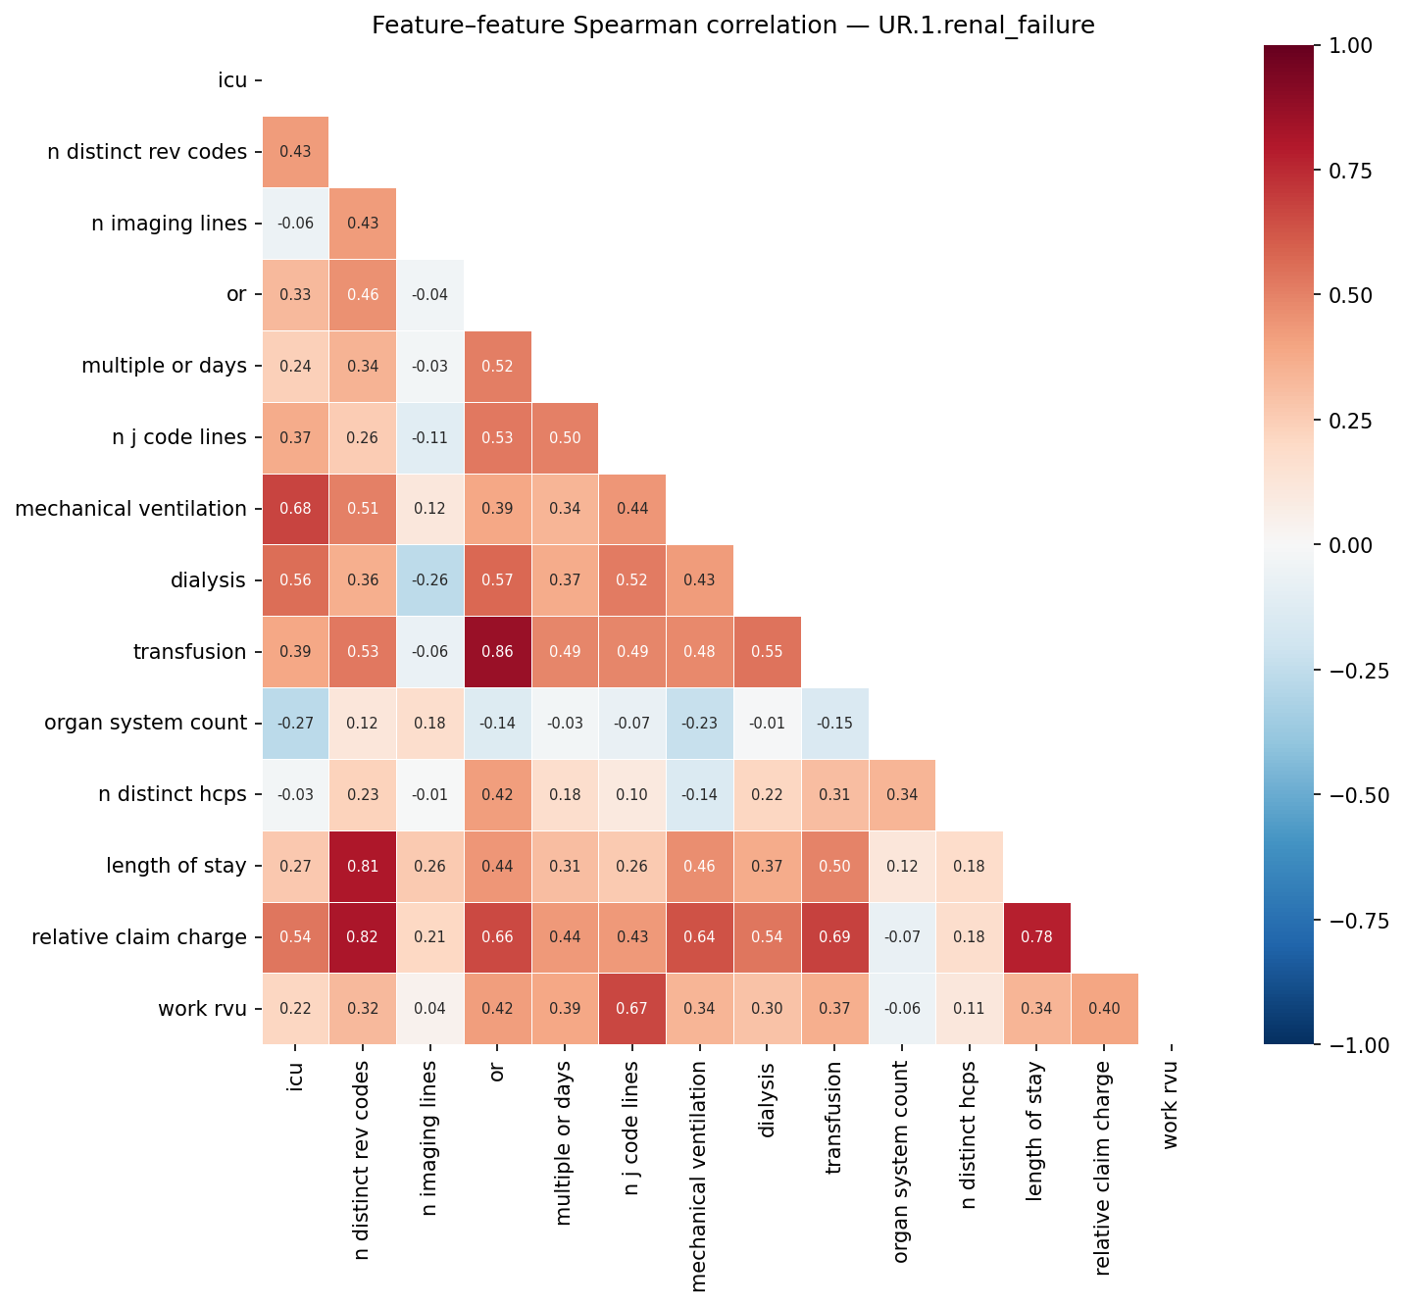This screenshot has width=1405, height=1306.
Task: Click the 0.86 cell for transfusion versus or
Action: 497,652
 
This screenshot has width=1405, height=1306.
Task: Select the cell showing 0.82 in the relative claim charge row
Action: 363,937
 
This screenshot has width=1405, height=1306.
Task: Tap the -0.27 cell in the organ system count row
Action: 295,724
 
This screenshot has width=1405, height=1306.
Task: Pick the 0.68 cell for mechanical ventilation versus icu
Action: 295,509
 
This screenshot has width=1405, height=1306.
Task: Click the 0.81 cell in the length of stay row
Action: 363,866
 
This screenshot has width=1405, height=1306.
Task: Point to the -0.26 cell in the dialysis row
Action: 429,580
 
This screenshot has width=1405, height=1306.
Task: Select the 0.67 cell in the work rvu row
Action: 631,1009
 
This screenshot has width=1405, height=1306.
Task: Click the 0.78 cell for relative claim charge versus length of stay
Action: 1036,937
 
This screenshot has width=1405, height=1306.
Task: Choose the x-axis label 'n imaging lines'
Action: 429,1137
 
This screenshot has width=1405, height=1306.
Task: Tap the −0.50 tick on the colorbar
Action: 1353,795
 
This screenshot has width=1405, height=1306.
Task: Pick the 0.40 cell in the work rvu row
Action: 1104,1009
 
